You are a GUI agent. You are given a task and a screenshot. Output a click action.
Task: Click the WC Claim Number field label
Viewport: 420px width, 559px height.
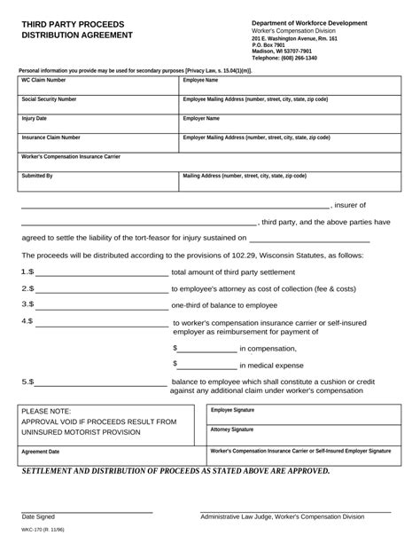(x=43, y=80)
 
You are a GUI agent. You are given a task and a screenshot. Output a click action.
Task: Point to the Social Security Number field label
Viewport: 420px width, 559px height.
(x=49, y=99)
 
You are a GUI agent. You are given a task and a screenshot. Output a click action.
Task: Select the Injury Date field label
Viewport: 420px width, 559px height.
(x=35, y=118)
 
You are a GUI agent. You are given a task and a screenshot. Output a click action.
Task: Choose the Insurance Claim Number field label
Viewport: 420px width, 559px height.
(x=51, y=138)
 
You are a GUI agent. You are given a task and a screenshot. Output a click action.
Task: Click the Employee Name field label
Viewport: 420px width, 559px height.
(x=200, y=80)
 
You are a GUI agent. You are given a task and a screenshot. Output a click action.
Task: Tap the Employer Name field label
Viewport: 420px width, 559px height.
(x=201, y=118)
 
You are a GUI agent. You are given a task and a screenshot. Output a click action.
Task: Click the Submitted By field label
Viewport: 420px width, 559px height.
(x=37, y=176)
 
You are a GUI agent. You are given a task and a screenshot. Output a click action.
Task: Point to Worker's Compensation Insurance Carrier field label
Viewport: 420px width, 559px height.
(x=70, y=156)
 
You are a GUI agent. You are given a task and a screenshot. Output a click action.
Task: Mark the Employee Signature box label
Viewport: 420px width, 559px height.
(x=232, y=410)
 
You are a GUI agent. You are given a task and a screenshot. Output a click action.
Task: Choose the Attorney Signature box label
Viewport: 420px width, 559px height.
(x=231, y=429)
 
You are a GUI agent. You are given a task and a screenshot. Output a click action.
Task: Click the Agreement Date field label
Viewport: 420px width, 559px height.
(x=41, y=452)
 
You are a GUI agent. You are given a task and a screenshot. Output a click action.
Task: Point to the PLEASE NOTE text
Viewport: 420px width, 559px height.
(x=46, y=412)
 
